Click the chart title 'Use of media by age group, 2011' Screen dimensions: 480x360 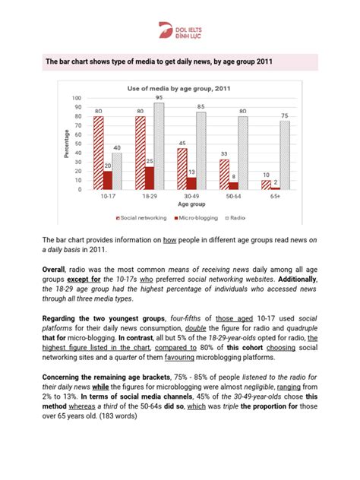click(179, 88)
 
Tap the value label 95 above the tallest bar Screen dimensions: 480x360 click(158, 97)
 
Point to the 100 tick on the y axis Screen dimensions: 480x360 click(77, 99)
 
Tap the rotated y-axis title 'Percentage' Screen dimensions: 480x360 click(67, 144)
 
